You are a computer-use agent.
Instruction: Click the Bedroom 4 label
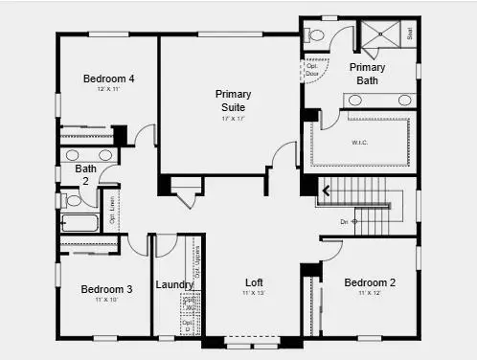point(107,79)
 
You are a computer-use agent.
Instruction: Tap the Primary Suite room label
point(233,101)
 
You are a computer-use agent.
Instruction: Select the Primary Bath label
point(367,74)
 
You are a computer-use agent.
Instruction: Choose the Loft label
point(254,283)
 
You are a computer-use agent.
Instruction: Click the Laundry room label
point(174,284)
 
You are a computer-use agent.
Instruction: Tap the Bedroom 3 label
point(106,289)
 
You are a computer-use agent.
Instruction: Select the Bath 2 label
point(86,175)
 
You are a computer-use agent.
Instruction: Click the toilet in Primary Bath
point(315,35)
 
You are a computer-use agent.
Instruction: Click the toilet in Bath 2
point(71,201)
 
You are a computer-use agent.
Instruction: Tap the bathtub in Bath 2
point(79,223)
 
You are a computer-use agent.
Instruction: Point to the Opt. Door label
point(312,70)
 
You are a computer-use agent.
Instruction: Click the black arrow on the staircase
point(326,191)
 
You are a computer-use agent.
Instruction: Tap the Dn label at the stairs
point(344,221)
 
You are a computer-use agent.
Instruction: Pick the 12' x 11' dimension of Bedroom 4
point(106,89)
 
